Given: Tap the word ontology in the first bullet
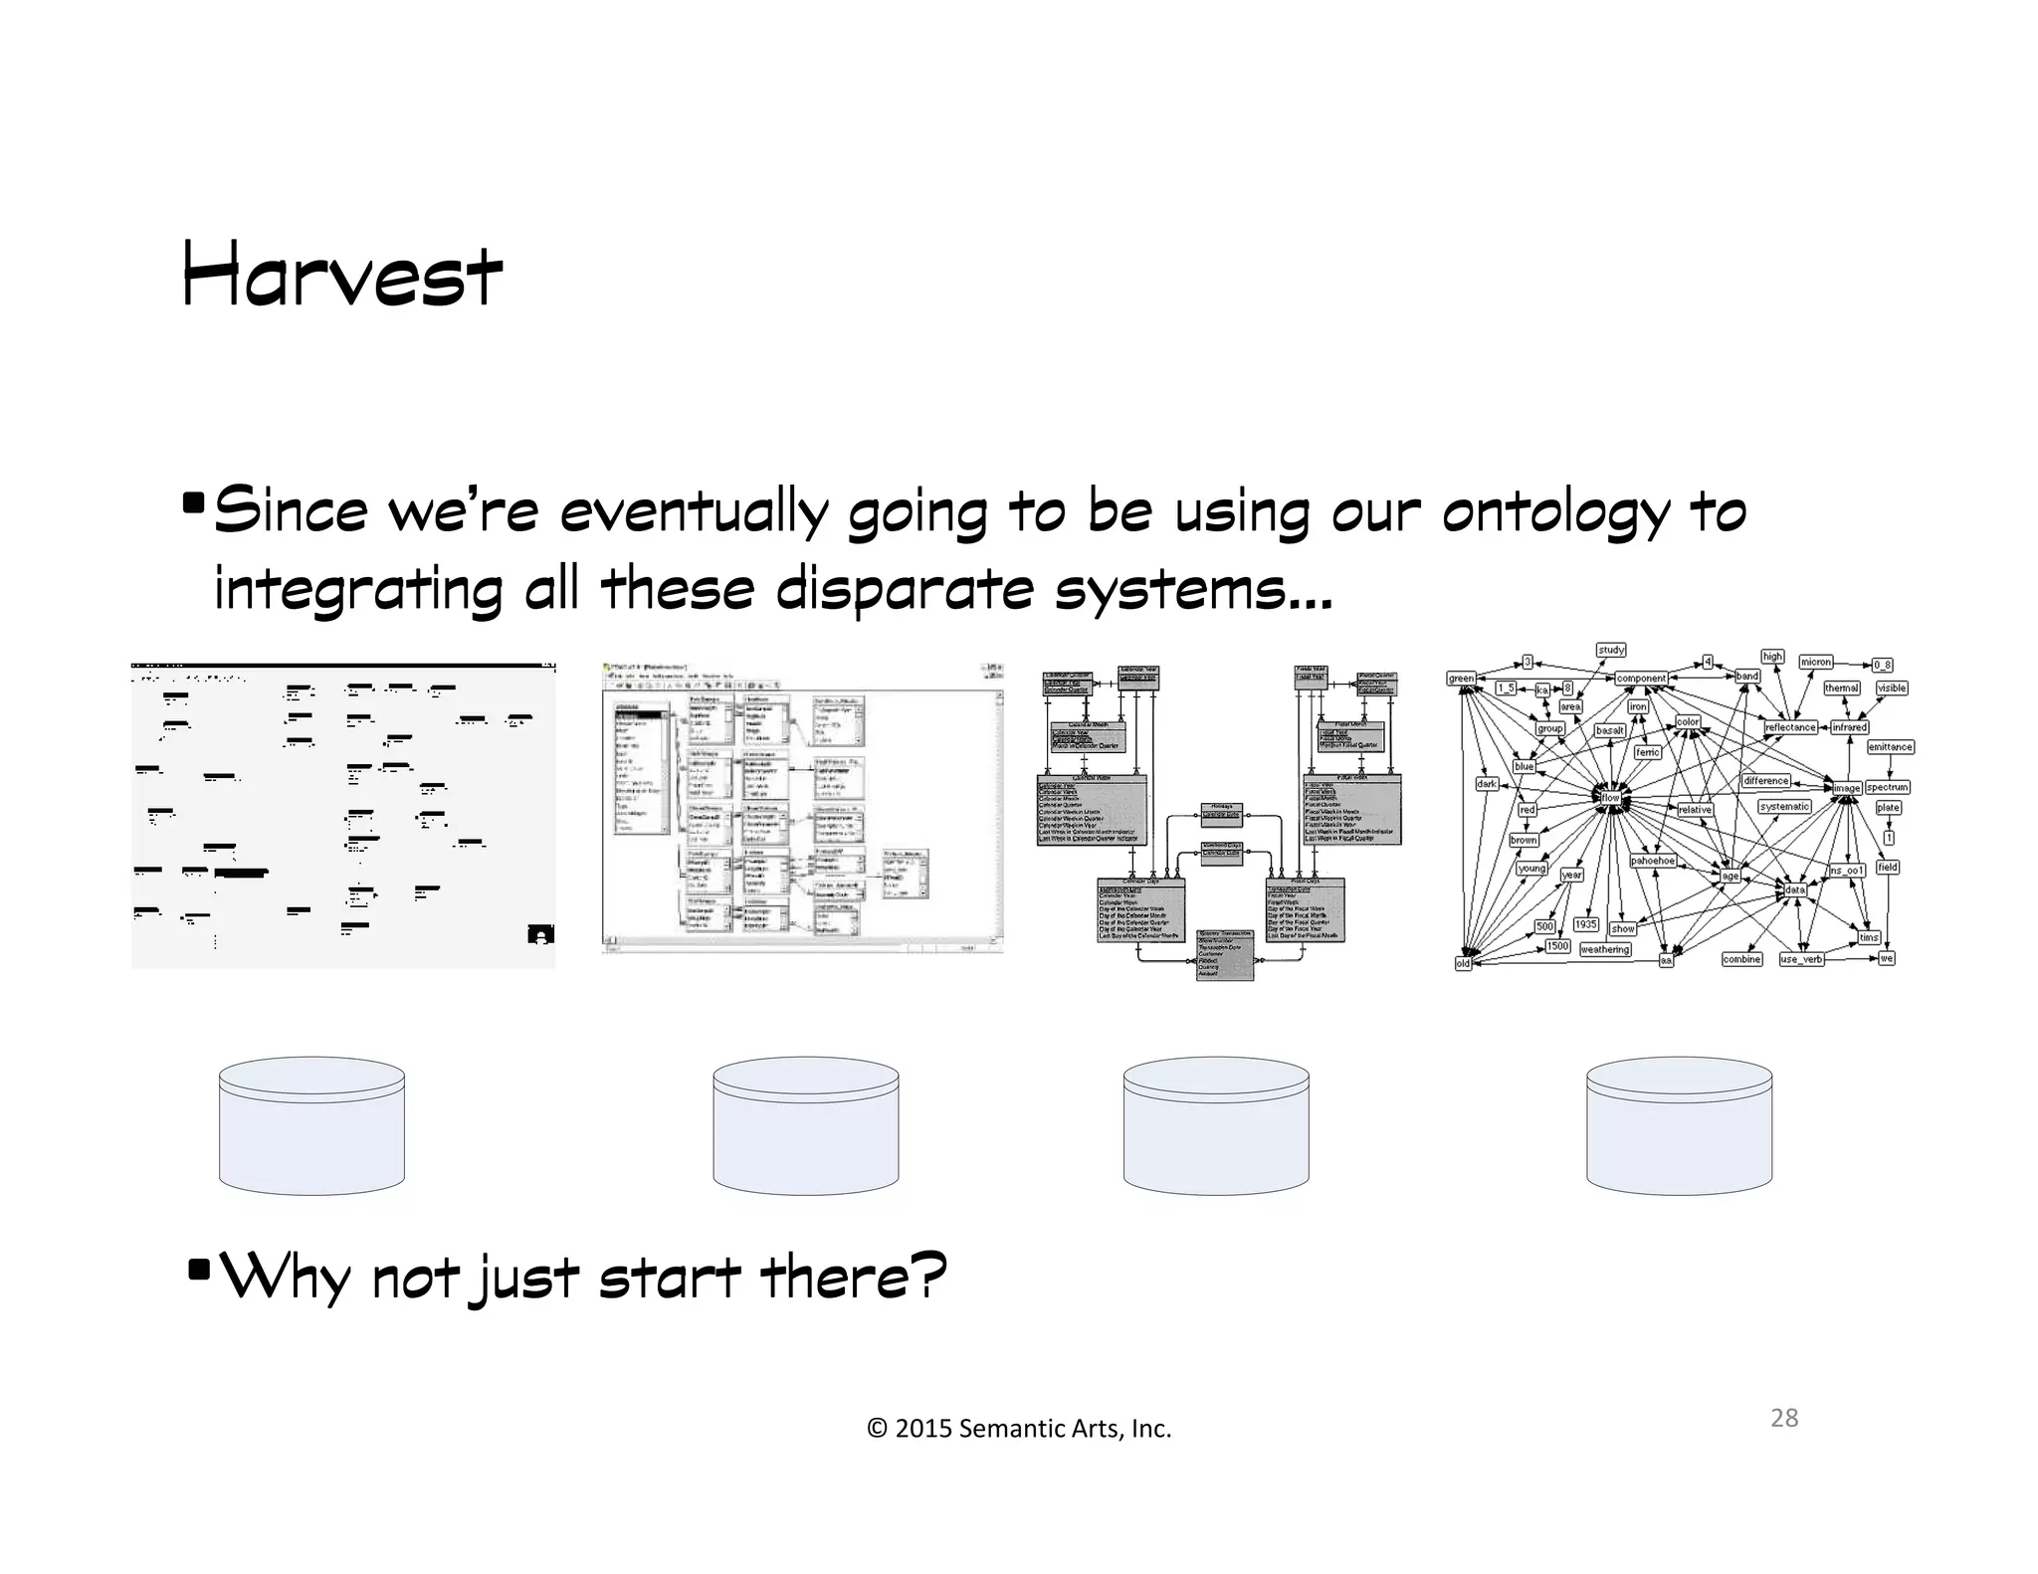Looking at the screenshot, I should (x=1555, y=513).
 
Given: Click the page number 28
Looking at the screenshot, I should (x=1784, y=1418).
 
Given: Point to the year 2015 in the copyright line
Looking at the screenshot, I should (x=922, y=1429).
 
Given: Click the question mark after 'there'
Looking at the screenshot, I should (x=927, y=1276).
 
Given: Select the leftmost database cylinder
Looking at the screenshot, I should (x=311, y=1125).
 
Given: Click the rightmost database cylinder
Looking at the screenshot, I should (x=1679, y=1125).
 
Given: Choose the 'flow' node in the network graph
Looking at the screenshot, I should (x=1610, y=798).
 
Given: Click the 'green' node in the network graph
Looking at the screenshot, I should (x=1461, y=679).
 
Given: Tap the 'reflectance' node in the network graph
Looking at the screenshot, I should (x=1790, y=727).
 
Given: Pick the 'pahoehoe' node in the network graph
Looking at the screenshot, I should (x=1652, y=861).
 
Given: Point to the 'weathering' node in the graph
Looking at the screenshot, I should (x=1605, y=949).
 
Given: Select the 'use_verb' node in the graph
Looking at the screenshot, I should (x=1801, y=959).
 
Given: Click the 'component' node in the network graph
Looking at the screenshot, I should (x=1641, y=679).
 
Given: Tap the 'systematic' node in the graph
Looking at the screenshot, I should (x=1784, y=807).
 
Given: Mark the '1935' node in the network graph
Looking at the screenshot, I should (x=1586, y=924).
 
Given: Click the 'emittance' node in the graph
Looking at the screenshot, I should (x=1890, y=747).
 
